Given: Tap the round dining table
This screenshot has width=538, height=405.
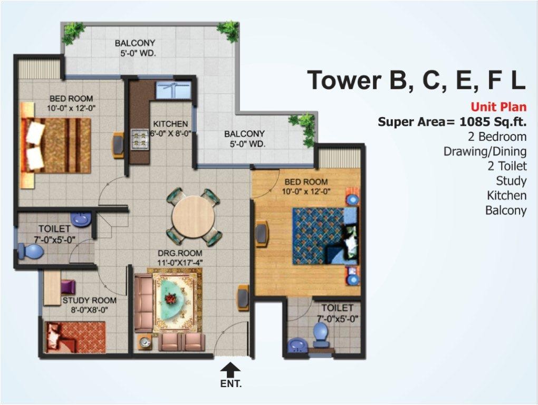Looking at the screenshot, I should (194, 217).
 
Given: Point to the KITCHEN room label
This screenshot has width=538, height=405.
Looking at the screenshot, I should (170, 124).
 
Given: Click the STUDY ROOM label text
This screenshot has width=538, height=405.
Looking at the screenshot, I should (89, 301).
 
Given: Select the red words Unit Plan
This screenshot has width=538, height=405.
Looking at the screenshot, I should (498, 107).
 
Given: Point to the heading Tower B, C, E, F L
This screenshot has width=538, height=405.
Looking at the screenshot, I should (416, 81).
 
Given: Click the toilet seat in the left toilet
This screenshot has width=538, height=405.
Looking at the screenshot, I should (31, 250).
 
